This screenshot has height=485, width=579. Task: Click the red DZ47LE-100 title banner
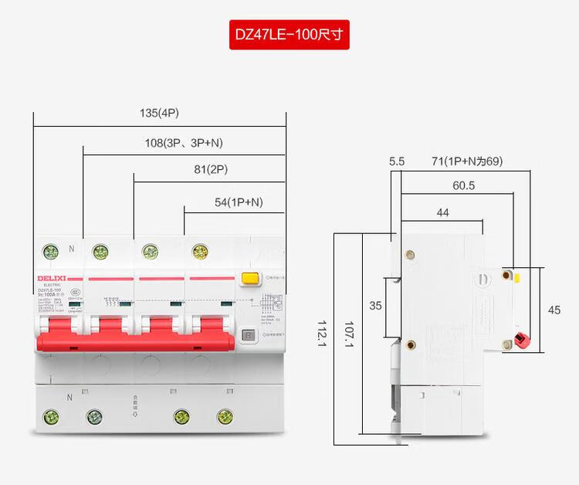click(289, 35)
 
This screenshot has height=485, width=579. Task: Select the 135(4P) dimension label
click(159, 113)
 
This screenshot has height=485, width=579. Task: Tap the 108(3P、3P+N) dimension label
click(184, 143)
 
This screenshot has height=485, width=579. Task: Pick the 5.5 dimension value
click(397, 161)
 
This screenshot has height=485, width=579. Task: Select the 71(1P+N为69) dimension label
click(467, 161)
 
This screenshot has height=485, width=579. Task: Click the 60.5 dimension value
click(463, 185)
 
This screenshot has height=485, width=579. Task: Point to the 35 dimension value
click(375, 305)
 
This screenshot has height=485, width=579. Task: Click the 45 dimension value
click(554, 310)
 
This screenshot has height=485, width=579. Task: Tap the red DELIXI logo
click(51, 278)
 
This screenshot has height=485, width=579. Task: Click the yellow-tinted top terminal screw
click(201, 251)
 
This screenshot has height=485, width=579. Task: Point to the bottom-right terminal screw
click(225, 417)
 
